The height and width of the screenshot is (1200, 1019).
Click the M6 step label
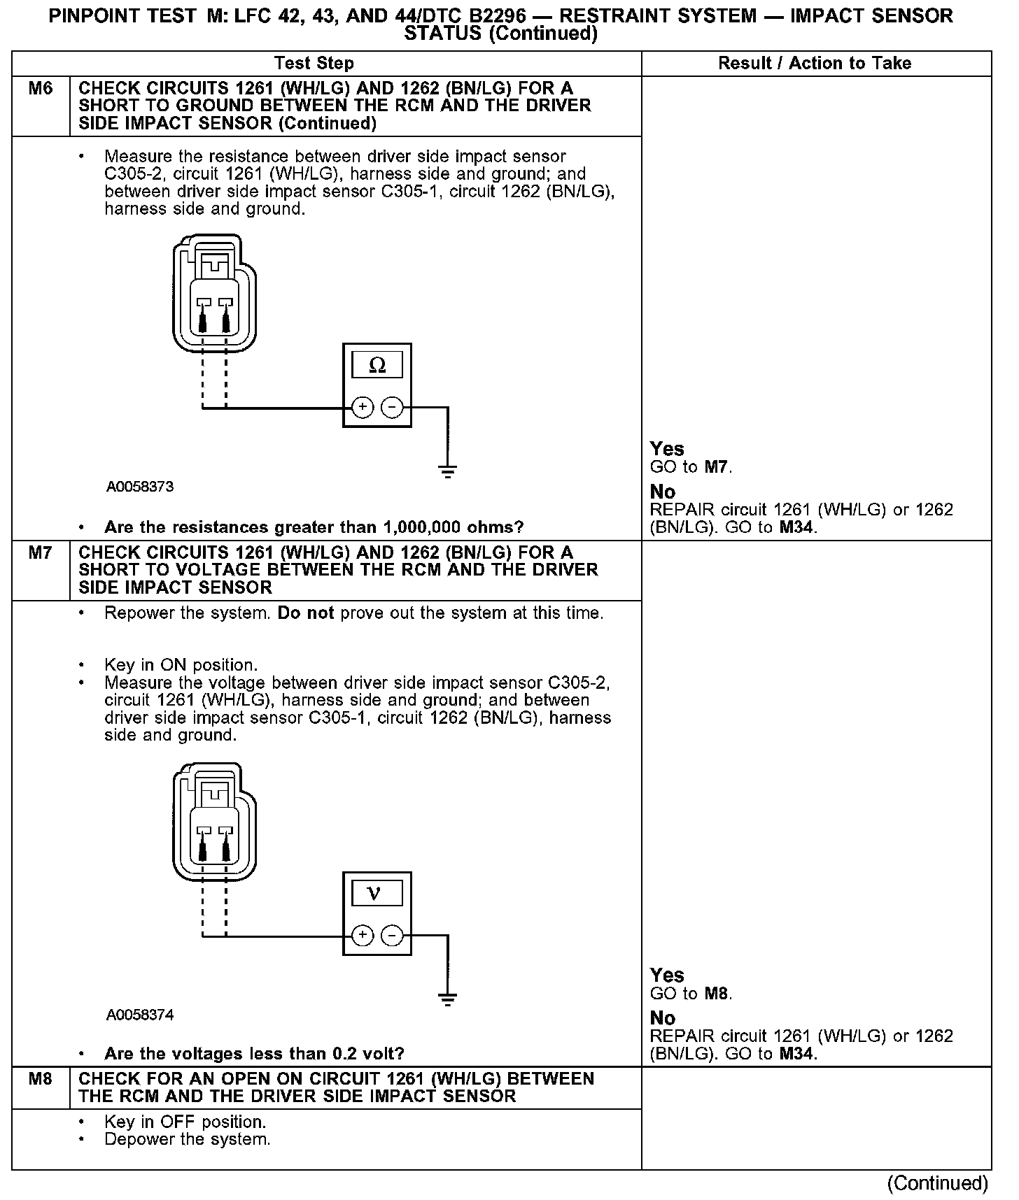click(x=41, y=89)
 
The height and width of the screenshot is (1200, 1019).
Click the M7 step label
click(x=41, y=553)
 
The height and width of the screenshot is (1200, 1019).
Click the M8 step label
click(x=41, y=1079)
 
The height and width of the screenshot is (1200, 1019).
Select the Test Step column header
click(x=314, y=63)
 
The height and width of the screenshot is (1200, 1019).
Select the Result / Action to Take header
click(x=815, y=63)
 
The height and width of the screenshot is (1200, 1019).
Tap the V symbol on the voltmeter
click(x=375, y=894)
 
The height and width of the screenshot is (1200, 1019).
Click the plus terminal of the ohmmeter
click(x=362, y=407)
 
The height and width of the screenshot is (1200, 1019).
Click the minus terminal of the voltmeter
click(x=393, y=935)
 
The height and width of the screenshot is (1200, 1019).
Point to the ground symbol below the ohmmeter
click(x=448, y=471)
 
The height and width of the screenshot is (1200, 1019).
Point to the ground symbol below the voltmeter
click(x=448, y=999)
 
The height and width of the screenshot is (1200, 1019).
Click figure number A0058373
click(x=140, y=487)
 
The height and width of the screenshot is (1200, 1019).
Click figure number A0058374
click(x=140, y=1015)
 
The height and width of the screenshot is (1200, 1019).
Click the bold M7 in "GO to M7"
click(x=716, y=467)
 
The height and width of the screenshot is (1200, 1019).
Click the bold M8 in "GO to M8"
click(x=716, y=994)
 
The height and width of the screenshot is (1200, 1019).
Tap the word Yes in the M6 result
click(x=667, y=449)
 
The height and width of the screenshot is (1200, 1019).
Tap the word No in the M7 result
click(x=662, y=1018)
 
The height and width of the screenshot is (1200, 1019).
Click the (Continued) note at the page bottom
click(x=937, y=1183)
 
